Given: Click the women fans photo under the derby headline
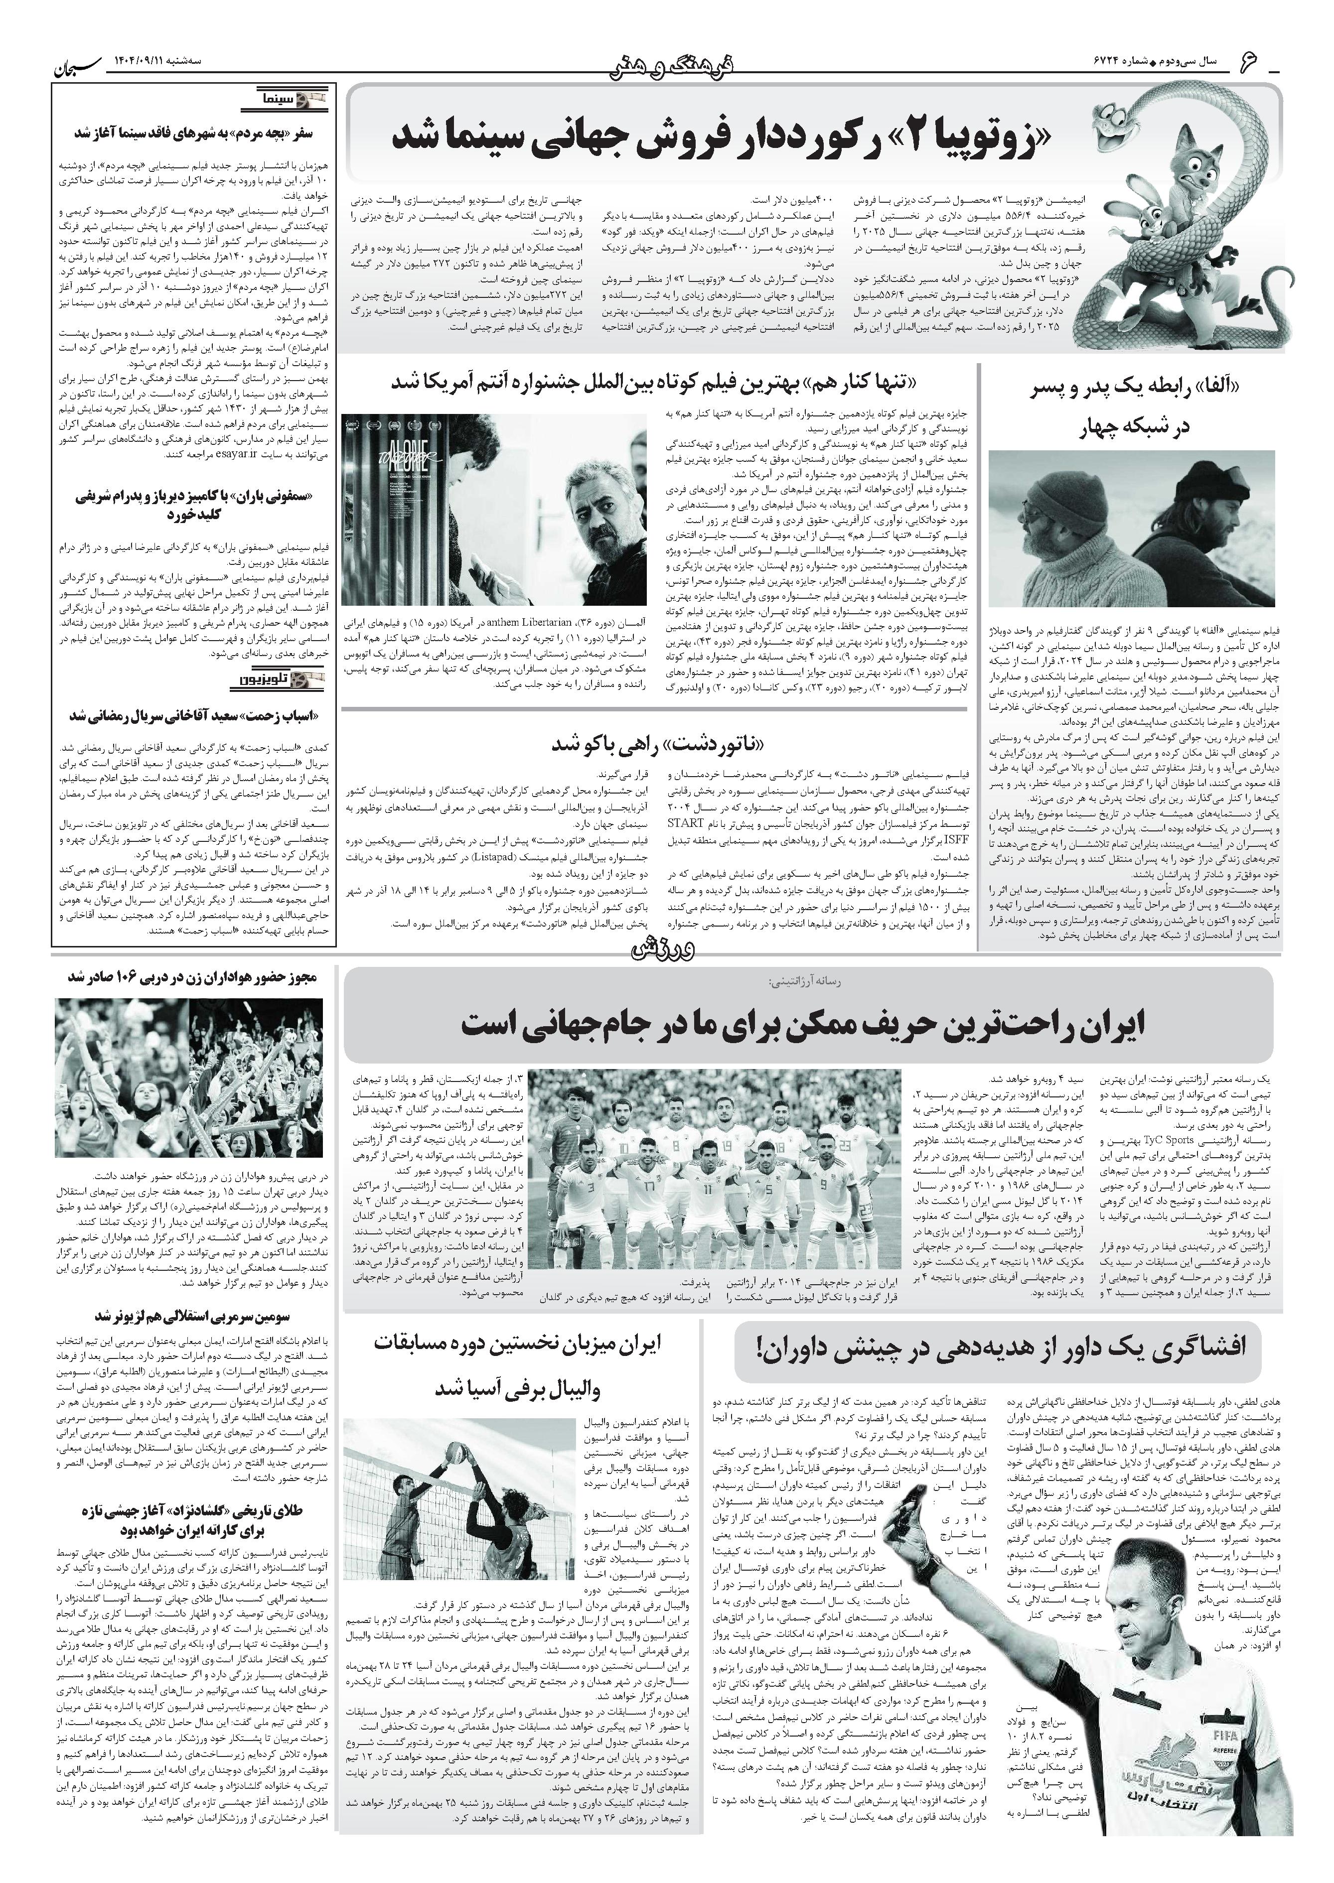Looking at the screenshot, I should [193, 1080].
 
